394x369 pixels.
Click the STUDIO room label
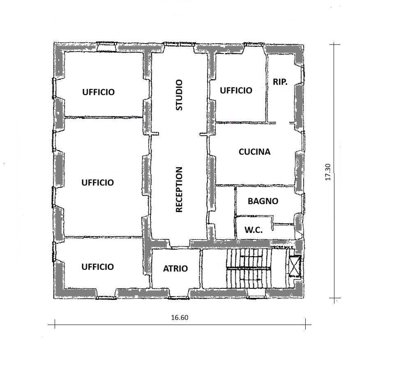tap(179, 95)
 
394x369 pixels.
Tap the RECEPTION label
tap(179, 190)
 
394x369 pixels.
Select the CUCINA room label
tap(255, 152)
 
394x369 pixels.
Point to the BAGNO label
tap(263, 201)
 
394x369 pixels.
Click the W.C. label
tap(253, 230)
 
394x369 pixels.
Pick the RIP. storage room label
tap(280, 82)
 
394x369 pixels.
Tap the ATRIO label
tap(175, 269)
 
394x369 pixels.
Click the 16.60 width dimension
tap(180, 318)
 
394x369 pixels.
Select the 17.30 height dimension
tap(328, 172)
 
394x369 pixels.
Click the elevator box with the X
tap(295, 266)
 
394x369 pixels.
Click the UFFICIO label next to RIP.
tap(236, 91)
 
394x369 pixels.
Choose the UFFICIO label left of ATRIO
tap(98, 267)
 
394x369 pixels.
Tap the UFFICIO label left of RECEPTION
tap(98, 182)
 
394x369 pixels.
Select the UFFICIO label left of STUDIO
tap(99, 92)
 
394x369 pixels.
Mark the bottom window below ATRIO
tap(178, 298)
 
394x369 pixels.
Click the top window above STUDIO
tap(180, 44)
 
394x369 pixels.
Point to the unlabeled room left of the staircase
tap(214, 268)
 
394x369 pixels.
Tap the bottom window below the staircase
tap(256, 297)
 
